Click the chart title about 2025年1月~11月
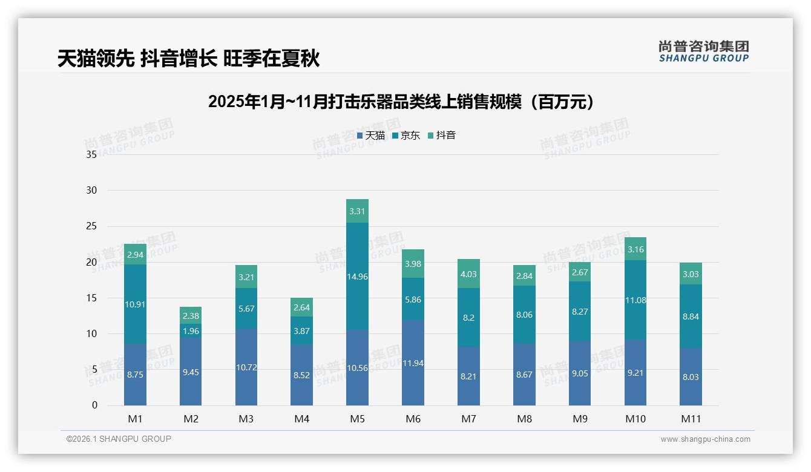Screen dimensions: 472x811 click(401, 102)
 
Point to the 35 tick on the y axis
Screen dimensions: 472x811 click(91, 155)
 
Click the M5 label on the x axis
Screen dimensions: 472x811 click(357, 419)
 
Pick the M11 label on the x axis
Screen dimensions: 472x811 click(691, 419)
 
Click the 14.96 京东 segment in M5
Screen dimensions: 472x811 click(357, 277)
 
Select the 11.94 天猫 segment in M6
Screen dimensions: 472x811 click(413, 363)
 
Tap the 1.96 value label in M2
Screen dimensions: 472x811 click(191, 331)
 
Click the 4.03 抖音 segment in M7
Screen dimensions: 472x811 click(468, 274)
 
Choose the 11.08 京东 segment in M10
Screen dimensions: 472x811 click(635, 300)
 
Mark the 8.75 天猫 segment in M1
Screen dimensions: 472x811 click(135, 375)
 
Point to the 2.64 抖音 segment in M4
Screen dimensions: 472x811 click(301, 307)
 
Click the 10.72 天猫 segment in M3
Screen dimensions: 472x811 click(246, 367)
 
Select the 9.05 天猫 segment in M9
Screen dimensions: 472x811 click(580, 373)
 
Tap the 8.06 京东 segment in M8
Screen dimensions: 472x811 click(524, 315)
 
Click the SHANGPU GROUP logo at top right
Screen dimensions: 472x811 click(703, 51)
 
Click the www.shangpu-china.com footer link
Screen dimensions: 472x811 click(705, 439)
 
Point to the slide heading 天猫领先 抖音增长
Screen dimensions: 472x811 click(188, 59)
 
